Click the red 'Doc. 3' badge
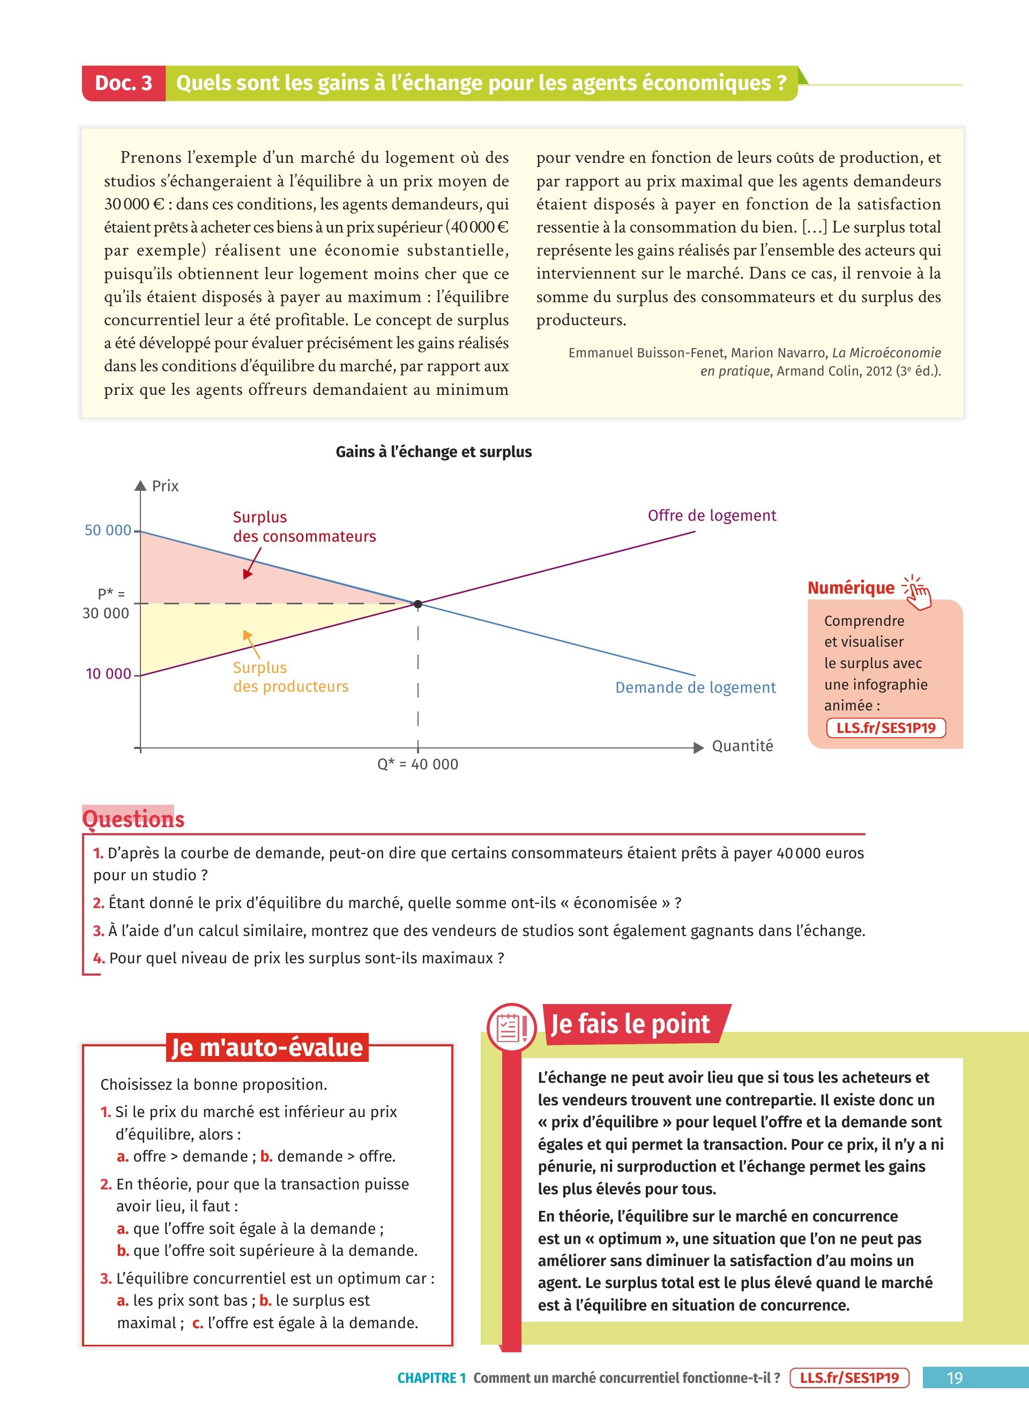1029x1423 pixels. coord(124,84)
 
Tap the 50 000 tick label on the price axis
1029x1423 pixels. coord(108,530)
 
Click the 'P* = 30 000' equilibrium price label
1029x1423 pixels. coord(106,604)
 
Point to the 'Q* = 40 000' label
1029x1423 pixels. coord(417,764)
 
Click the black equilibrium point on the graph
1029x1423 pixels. coord(418,604)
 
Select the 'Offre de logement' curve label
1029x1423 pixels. coord(712,516)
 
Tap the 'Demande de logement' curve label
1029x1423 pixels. coord(695,687)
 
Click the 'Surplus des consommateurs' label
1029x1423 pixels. coord(304,527)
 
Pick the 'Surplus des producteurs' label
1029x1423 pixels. coord(290,677)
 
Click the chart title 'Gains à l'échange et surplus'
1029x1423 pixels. coord(434,452)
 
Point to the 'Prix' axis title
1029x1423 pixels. coord(165,486)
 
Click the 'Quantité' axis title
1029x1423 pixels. coord(742,746)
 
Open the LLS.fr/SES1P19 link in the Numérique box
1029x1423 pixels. coord(885,728)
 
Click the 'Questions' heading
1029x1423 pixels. coord(133,819)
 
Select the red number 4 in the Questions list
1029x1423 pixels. coord(99,958)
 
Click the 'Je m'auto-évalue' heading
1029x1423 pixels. coord(267,1048)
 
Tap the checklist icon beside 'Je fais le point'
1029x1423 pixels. coord(511,1027)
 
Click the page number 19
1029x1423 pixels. coord(955,1378)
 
